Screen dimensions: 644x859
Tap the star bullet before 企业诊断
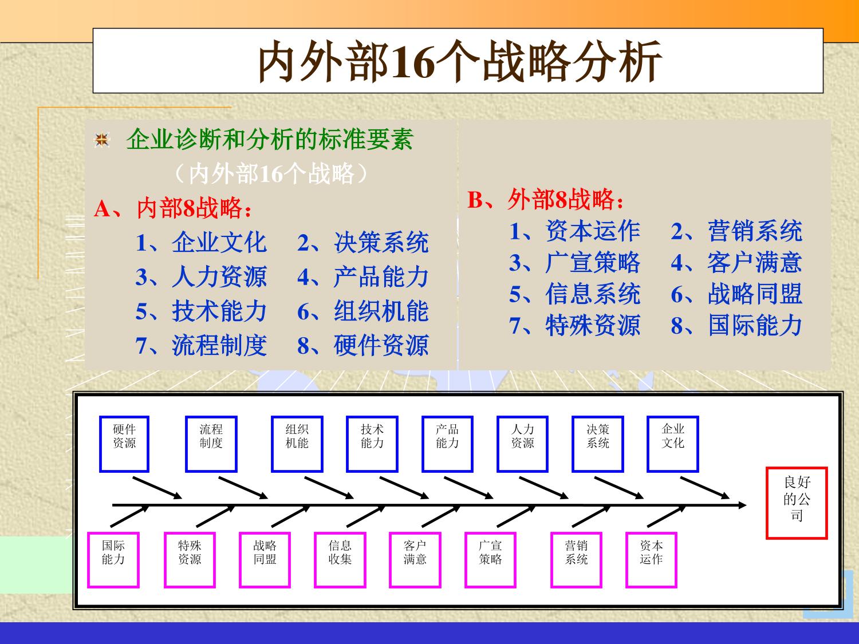(102, 140)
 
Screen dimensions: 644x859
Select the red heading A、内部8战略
(173, 209)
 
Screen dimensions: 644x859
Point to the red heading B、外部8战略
(545, 200)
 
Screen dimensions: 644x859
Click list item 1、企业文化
(202, 243)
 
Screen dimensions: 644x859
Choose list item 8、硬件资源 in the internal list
(363, 346)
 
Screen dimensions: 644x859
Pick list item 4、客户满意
(736, 263)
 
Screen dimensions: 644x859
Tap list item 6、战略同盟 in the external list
(736, 294)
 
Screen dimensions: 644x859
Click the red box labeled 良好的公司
(797, 503)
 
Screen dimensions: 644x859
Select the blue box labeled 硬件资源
(124, 444)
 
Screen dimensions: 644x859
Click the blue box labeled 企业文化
(672, 444)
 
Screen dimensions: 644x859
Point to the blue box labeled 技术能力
(372, 444)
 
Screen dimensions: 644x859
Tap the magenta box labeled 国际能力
(113, 560)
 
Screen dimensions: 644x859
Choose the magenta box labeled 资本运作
(651, 560)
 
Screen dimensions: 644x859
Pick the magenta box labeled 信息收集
(340, 560)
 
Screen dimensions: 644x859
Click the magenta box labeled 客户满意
(415, 560)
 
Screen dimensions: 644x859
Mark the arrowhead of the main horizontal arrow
(743, 505)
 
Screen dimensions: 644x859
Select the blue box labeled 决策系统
(597, 444)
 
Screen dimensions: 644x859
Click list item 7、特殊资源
(575, 326)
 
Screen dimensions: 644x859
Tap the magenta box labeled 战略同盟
(265, 560)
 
